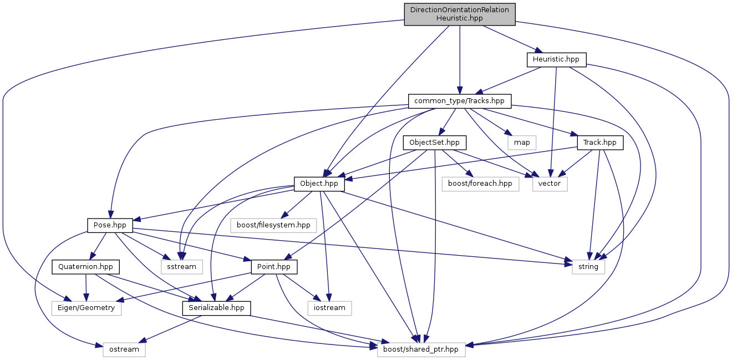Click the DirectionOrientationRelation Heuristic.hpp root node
[x=460, y=14]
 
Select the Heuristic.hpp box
[x=556, y=59]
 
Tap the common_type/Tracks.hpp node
[x=459, y=101]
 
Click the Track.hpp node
[x=600, y=142]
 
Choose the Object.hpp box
[x=319, y=184]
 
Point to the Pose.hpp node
[x=110, y=225]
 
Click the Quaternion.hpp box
[x=85, y=267]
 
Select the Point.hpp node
[x=274, y=267]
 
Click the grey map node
[x=522, y=142]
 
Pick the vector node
[x=550, y=184]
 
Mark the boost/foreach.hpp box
[x=480, y=184]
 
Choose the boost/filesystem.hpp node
[x=273, y=225]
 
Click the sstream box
[x=182, y=267]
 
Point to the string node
[x=588, y=267]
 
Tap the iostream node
[x=329, y=308]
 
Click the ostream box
[x=124, y=349]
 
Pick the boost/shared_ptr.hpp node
[x=421, y=349]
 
